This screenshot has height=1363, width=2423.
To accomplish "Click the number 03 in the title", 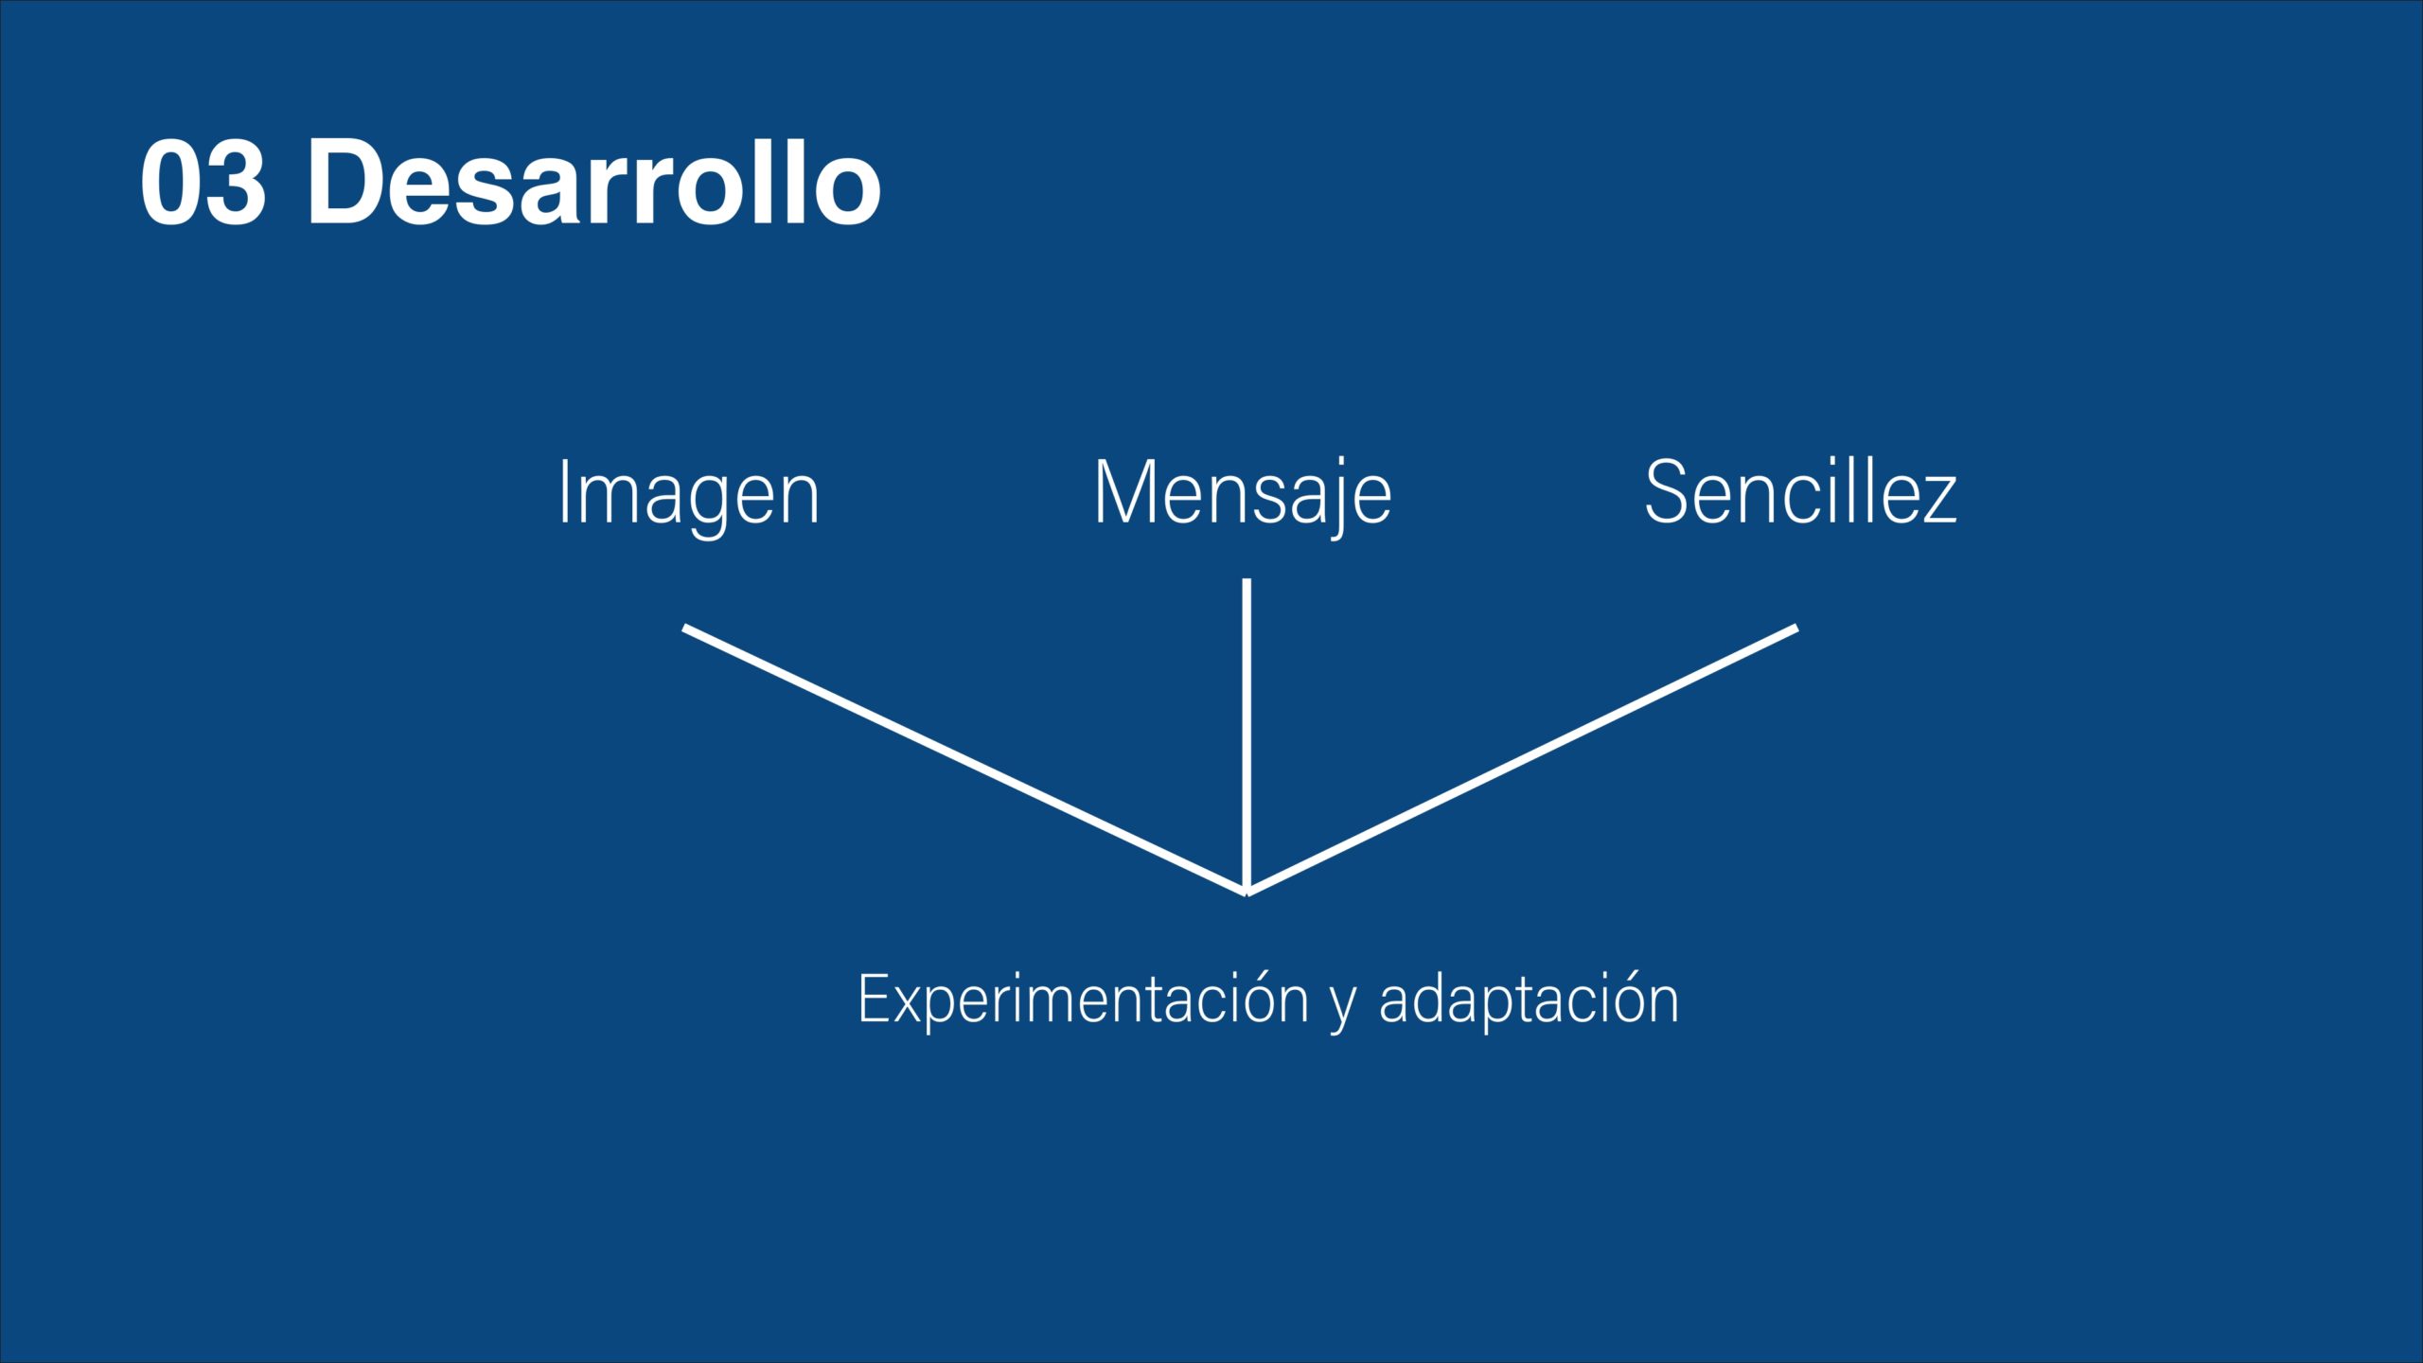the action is coord(203,182).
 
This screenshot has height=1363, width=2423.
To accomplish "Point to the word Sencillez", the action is coord(1800,491).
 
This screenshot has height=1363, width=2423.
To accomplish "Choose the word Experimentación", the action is coord(1083,1000).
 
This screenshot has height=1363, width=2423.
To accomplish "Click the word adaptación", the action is coord(1529,1000).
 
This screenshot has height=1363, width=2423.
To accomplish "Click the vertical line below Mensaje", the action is coord(1247,735).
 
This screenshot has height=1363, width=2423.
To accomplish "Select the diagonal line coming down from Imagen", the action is coord(964,759).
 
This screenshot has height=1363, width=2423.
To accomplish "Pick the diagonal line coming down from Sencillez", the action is coord(1522,759).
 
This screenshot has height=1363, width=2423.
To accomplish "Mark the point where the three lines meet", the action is coord(1247,891).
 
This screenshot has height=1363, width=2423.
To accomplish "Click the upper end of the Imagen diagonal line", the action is coord(684,628).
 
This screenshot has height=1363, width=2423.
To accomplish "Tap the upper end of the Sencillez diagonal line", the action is coord(1795,628).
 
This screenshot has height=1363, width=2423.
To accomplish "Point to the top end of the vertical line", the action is coord(1247,579).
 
